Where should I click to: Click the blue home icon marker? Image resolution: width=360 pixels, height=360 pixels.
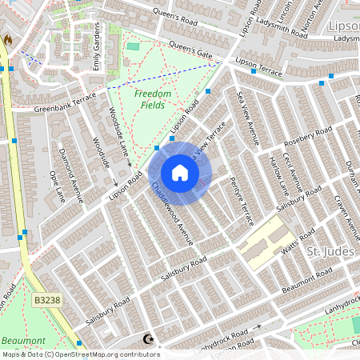pyautogui.click(x=180, y=173)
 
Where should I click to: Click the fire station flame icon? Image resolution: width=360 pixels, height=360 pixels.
pyautogui.click(x=8, y=39)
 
